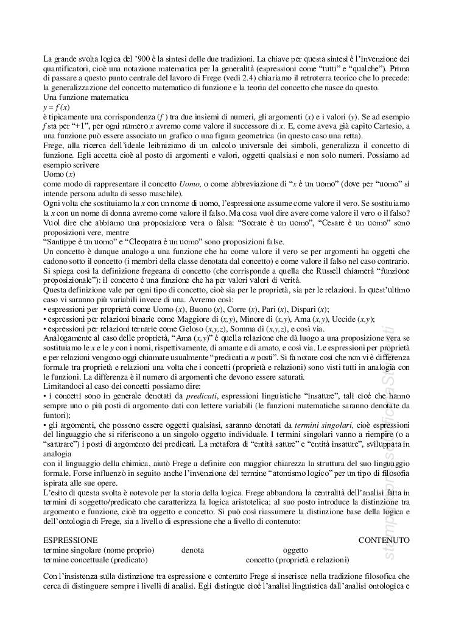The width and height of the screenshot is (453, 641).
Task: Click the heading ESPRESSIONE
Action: tap(70, 540)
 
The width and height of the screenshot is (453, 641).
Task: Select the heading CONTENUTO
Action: tap(384, 540)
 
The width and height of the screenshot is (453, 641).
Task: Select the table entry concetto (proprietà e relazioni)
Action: tap(297, 559)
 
